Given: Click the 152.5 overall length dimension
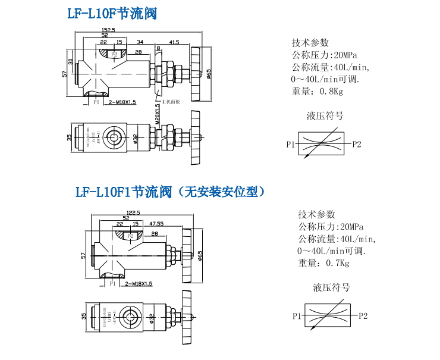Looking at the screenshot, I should tap(108, 29).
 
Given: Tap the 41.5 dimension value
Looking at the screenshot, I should tap(174, 43).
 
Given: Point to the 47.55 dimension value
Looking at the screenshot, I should tap(156, 224).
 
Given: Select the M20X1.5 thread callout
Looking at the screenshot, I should tap(158, 111).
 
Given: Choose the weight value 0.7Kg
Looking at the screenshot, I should tap(337, 263).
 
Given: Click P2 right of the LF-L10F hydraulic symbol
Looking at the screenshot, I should tap(356, 144).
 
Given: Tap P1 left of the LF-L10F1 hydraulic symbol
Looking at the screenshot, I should tap(297, 317).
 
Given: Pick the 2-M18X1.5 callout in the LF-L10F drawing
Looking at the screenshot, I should tap(122, 102).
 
